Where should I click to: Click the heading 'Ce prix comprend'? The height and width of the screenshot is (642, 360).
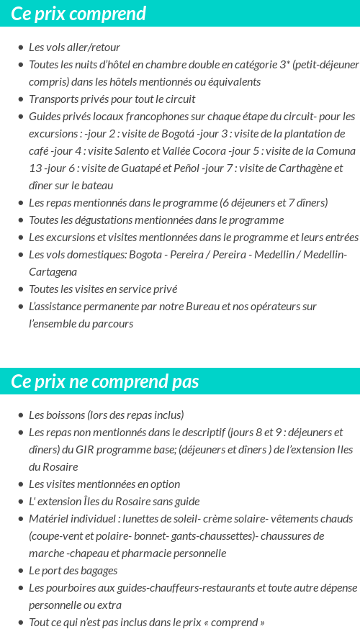click(78, 14)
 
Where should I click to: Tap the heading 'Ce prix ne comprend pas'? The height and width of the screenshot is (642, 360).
click(104, 381)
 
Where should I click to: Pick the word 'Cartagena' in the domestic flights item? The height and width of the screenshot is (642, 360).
click(53, 272)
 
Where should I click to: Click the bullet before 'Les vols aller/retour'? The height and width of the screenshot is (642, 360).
click(20, 48)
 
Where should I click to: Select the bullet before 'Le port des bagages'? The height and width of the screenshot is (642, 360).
click(20, 571)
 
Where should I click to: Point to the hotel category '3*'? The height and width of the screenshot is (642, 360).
click(284, 65)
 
